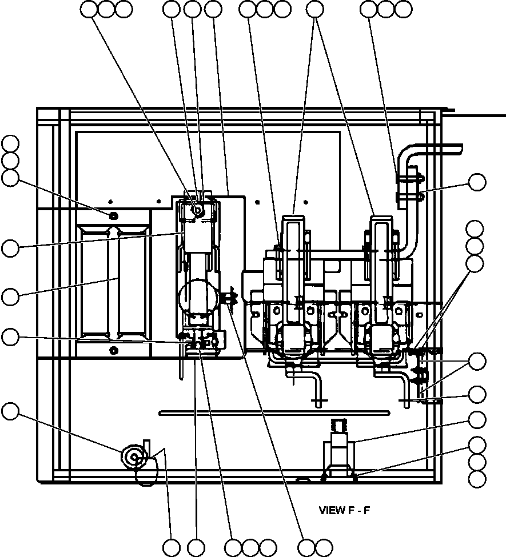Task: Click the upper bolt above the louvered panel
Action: (x=113, y=215)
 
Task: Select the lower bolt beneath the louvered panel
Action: (x=113, y=349)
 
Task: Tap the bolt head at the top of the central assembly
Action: (x=198, y=211)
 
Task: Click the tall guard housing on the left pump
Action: (x=294, y=257)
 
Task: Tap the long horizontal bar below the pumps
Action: (x=274, y=412)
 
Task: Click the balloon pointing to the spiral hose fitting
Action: (x=10, y=410)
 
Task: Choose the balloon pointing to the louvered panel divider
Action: (x=10, y=296)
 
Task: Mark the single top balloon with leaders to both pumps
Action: (x=314, y=9)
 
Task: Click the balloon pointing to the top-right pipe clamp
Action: (x=477, y=182)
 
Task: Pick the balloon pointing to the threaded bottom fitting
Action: (x=477, y=420)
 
